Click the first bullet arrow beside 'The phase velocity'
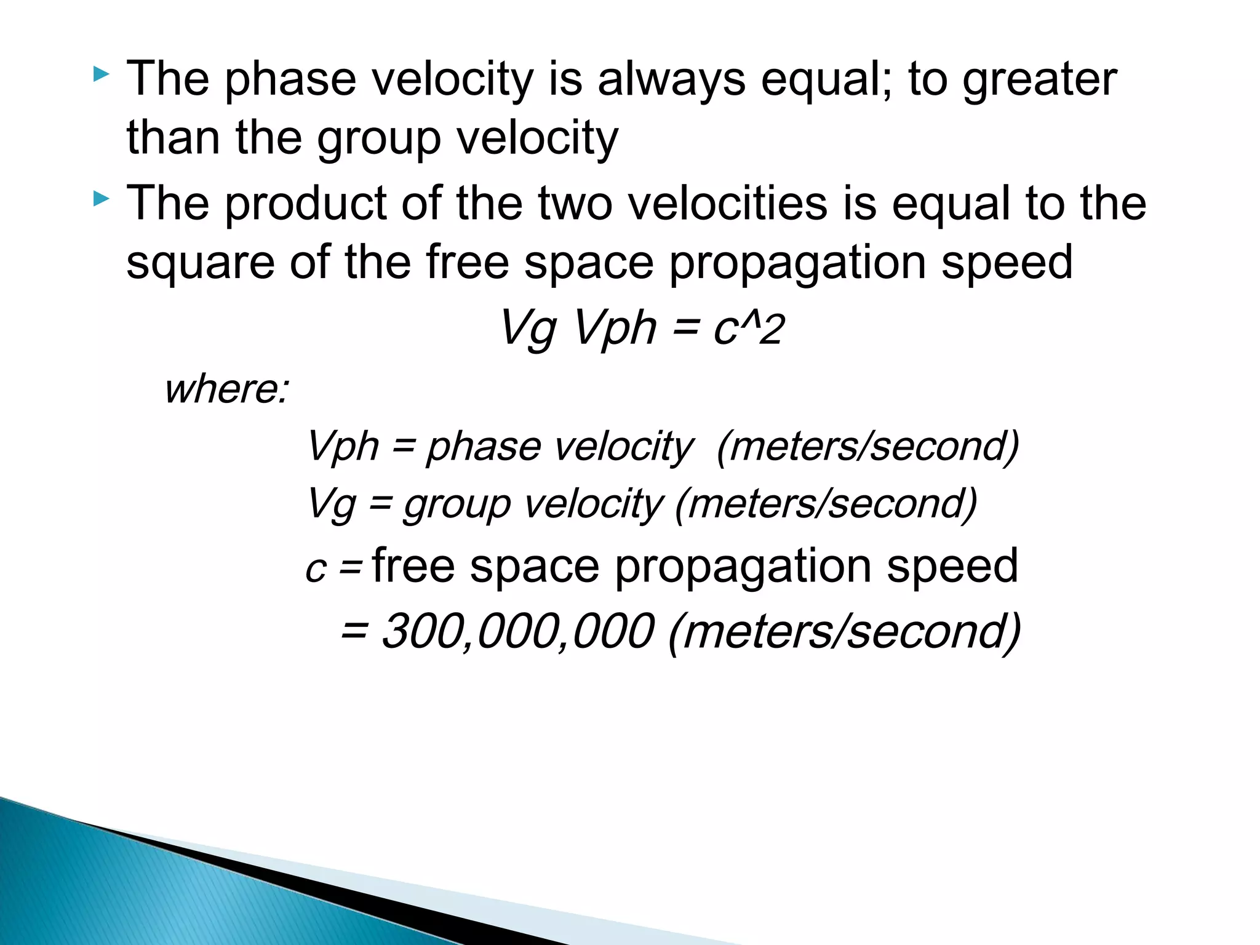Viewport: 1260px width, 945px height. (101, 76)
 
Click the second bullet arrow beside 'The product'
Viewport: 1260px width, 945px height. (101, 199)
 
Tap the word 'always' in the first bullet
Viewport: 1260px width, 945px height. (671, 80)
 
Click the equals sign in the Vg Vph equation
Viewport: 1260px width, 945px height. (685, 328)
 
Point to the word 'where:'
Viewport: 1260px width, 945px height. (226, 389)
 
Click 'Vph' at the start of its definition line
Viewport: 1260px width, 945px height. (342, 447)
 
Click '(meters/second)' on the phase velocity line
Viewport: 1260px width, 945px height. (868, 447)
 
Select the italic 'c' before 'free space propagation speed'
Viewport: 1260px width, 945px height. (315, 569)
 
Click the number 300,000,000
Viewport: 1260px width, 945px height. (517, 631)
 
